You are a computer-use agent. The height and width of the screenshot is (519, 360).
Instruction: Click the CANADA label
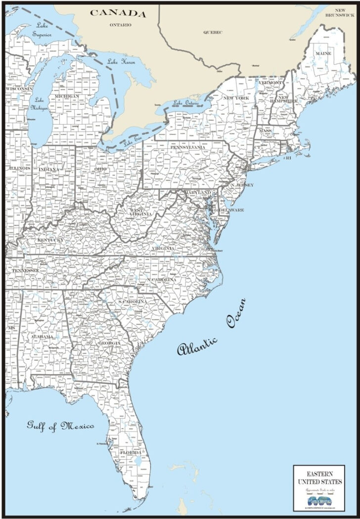click(x=118, y=13)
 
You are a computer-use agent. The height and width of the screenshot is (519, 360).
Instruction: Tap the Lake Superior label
click(x=44, y=30)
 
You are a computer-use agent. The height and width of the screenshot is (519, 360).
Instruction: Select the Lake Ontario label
click(x=186, y=103)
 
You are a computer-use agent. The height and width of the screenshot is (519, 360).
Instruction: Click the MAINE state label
click(x=323, y=53)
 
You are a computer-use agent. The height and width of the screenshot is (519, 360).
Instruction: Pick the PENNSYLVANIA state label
click(x=188, y=147)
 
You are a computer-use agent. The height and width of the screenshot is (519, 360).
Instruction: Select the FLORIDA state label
click(x=131, y=452)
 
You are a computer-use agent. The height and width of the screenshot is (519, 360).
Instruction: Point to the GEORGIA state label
click(x=109, y=343)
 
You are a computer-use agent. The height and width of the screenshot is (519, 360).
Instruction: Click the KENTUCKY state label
click(x=50, y=240)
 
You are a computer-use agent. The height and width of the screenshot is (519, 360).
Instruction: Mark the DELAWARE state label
click(x=232, y=210)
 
